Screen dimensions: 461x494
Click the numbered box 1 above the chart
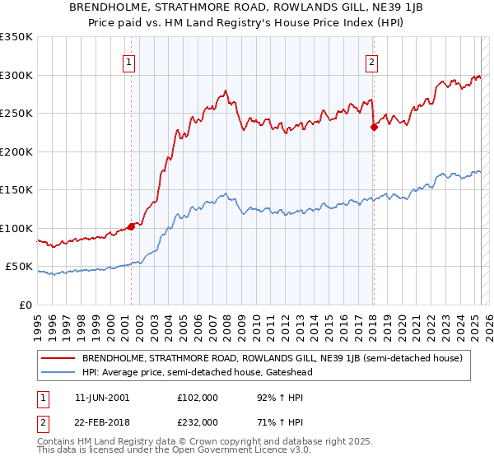click(130, 61)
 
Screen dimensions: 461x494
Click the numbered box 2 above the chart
click(372, 61)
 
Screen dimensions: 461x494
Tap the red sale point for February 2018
click(374, 127)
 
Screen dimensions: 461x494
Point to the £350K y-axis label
click(16, 37)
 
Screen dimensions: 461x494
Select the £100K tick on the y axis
click(16, 228)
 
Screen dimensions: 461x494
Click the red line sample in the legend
click(58, 359)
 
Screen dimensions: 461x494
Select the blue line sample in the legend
click(58, 372)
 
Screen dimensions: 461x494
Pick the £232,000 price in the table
click(198, 421)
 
